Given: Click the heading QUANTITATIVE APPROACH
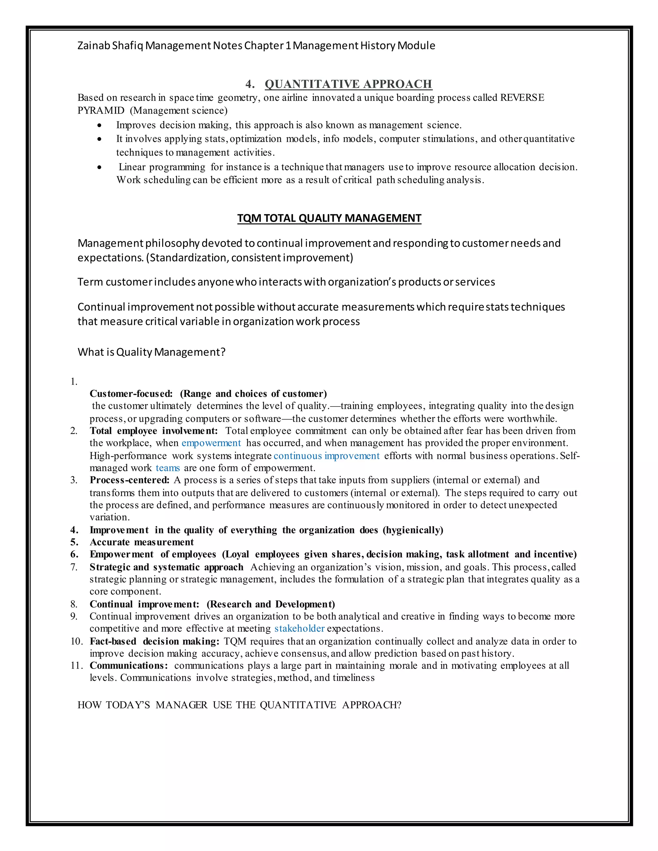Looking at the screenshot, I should coord(348,84).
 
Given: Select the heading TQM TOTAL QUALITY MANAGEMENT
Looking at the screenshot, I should coord(329,218).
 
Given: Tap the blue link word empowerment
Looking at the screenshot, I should coord(211,443).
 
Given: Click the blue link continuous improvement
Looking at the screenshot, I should coord(326,456).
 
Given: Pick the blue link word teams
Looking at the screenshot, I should coord(168,468).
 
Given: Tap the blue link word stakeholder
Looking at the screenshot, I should coord(299,628).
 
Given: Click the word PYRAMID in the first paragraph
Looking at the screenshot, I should coord(101,111).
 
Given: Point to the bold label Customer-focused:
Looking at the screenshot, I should coord(131,394).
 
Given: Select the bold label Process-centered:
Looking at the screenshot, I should coord(129,480).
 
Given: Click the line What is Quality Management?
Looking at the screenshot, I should coord(151,352).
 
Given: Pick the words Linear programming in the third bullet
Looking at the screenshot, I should coord(162,167).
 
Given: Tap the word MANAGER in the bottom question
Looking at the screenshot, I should coord(181,705).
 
